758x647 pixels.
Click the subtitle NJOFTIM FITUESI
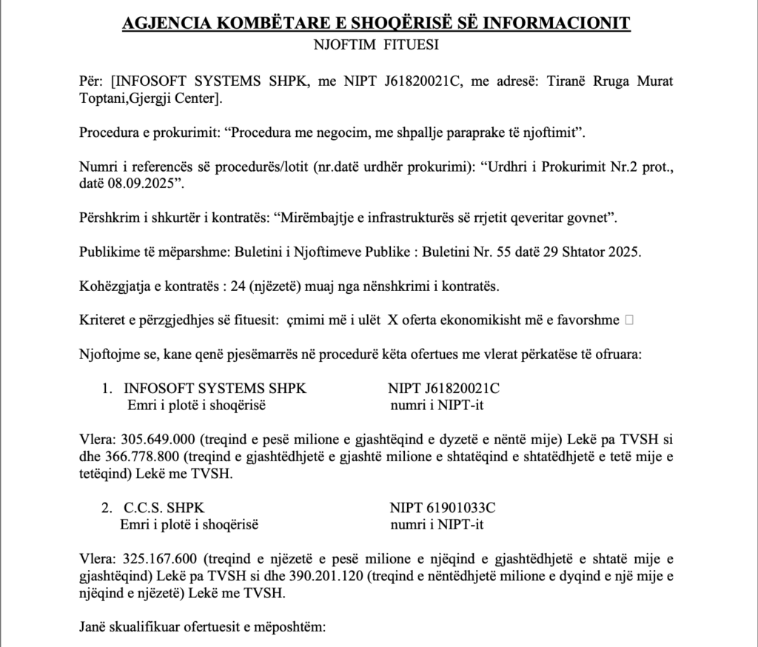[x=377, y=45]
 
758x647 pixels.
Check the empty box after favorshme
[x=628, y=320]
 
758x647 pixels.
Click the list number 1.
[x=107, y=388]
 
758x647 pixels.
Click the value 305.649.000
[x=156, y=440]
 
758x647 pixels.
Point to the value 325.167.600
[x=156, y=559]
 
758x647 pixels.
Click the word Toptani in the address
[x=104, y=98]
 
